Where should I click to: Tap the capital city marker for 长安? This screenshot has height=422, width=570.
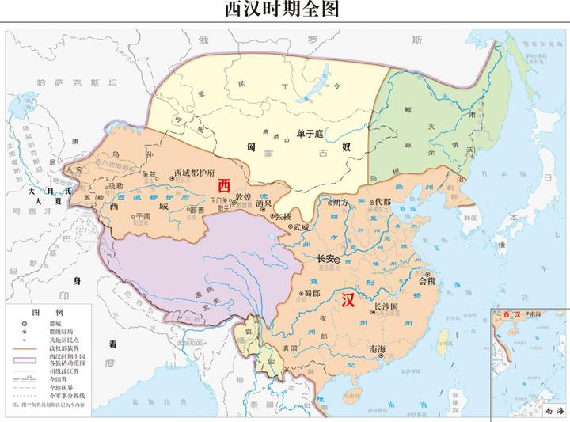(339, 260)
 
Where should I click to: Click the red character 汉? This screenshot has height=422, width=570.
(348, 301)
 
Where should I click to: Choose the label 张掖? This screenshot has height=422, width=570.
(283, 216)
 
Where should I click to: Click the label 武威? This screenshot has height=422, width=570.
(301, 227)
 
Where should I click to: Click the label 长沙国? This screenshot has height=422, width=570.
(385, 306)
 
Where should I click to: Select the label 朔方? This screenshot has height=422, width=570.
(340, 203)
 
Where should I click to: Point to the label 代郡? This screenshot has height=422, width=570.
(382, 202)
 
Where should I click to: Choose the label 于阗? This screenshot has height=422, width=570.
(141, 215)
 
